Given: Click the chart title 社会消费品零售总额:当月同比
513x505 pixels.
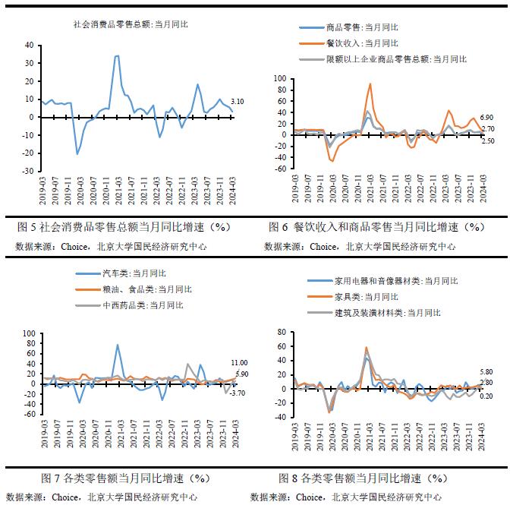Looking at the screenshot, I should coord(131,24).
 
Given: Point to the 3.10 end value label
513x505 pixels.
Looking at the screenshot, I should coord(237,102).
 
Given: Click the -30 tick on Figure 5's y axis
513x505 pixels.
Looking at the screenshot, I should coord(30,171).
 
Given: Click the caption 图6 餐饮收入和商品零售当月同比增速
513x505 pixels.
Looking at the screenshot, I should coord(376,227).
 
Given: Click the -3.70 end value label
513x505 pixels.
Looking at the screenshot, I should coord(238,393).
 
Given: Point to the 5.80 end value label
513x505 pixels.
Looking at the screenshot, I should coord(486,371).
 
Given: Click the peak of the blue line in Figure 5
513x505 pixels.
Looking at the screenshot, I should coord(116,55).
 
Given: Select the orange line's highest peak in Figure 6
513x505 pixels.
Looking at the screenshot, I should coord(370,84).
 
